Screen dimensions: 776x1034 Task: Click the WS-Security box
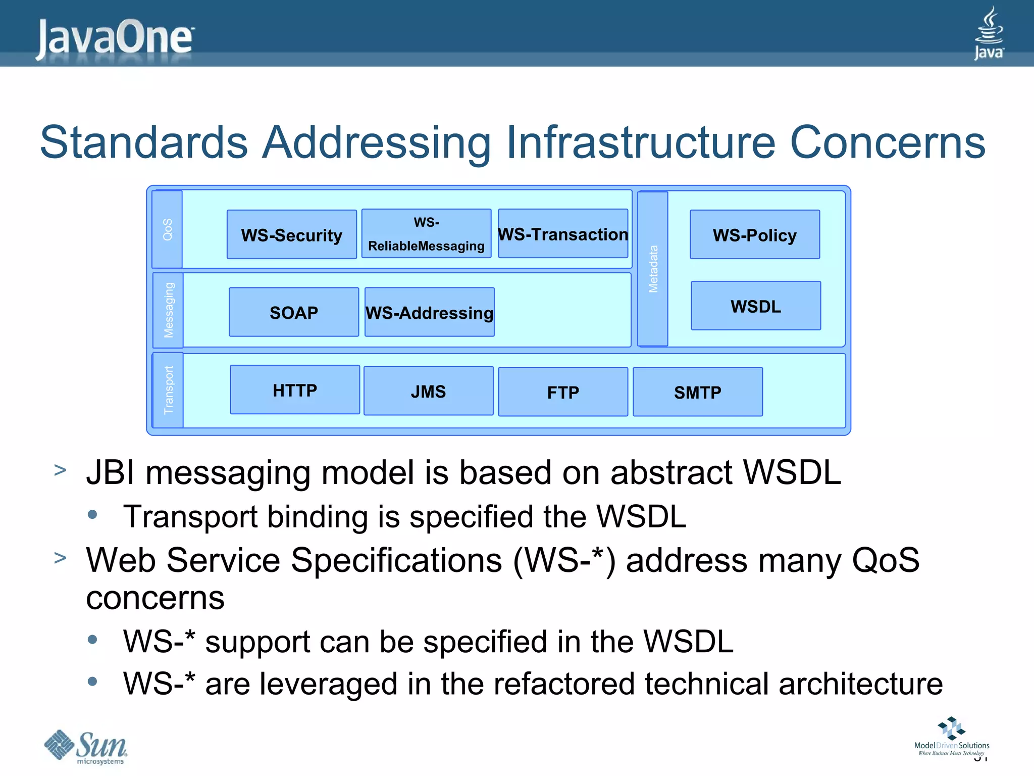click(x=292, y=234)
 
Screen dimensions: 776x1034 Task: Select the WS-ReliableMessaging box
click(x=426, y=233)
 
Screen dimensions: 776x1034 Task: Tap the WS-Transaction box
click(x=563, y=233)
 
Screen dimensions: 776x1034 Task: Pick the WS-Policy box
click(x=755, y=234)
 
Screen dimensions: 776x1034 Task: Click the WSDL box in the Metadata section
click(x=756, y=306)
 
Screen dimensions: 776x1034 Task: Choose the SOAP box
click(x=294, y=312)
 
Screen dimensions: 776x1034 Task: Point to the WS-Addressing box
click(x=429, y=312)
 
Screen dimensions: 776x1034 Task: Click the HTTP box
click(x=295, y=390)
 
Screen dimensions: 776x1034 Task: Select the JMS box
click(x=428, y=391)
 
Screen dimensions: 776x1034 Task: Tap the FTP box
click(x=563, y=392)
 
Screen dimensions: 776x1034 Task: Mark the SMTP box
click(x=698, y=392)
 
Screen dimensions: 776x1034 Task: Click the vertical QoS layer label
click(x=167, y=229)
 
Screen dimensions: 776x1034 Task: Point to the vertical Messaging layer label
click(x=168, y=310)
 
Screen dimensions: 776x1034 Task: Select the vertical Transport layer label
click(x=168, y=390)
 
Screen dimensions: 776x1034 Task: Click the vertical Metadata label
click(x=653, y=269)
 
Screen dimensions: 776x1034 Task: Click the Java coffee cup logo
click(x=989, y=33)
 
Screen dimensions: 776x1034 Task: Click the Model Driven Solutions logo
click(x=952, y=737)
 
